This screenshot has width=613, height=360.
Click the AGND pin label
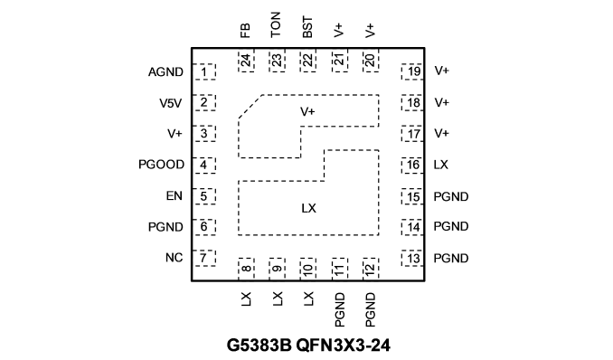tap(165, 72)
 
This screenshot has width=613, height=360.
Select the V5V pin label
tap(171, 103)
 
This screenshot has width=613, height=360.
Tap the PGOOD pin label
tap(161, 165)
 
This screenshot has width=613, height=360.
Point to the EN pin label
tap(174, 195)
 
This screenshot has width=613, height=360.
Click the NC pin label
tap(174, 258)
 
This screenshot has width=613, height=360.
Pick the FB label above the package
tap(245, 31)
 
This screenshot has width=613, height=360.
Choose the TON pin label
tap(276, 24)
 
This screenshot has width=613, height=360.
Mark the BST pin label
tap(307, 27)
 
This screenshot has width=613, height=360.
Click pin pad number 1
tap(204, 72)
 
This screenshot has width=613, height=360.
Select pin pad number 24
tap(246, 61)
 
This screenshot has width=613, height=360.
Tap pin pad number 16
tap(412, 166)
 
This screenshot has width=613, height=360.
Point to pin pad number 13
tap(412, 259)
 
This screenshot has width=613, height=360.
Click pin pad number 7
tap(204, 259)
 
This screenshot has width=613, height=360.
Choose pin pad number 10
tap(308, 269)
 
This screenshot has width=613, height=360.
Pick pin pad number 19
tap(412, 72)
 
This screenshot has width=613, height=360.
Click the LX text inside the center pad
tap(309, 208)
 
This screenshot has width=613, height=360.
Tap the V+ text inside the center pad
tap(307, 112)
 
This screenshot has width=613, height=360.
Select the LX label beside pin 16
tap(441, 165)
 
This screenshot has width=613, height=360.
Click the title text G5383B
tap(259, 346)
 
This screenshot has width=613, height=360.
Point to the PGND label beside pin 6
tap(165, 227)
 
